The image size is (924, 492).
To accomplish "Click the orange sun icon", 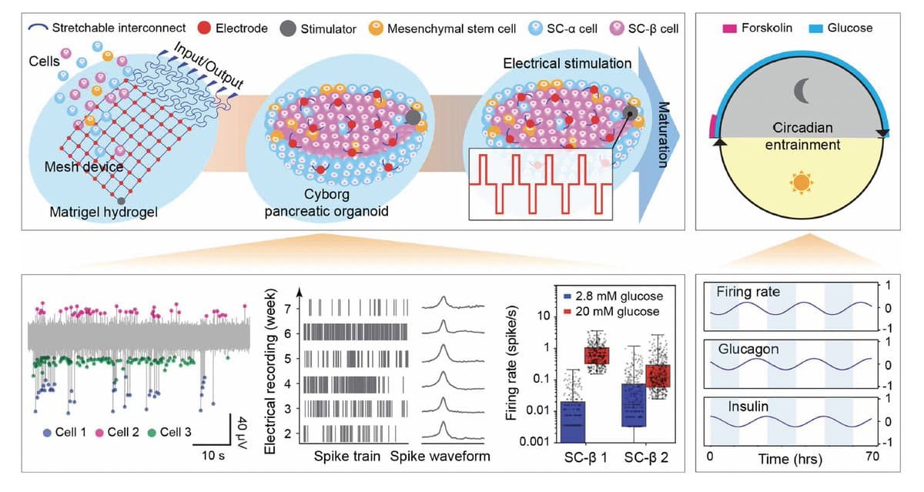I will [802, 183].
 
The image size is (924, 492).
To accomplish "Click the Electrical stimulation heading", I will [567, 63].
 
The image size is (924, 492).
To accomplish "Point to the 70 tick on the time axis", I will [872, 457].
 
